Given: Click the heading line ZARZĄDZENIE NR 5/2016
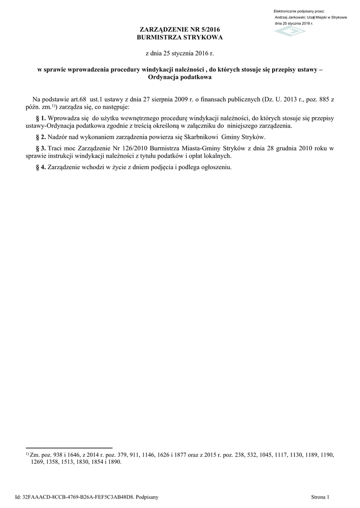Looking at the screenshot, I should (180, 31).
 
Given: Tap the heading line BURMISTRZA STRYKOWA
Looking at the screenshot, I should (180, 38).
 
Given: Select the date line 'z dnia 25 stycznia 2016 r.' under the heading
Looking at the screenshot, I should (180, 53).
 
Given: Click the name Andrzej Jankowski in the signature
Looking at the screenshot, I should (290, 17).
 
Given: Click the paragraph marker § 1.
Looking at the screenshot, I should (41, 119).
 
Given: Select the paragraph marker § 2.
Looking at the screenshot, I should (41, 137).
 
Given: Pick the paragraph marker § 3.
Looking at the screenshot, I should (41, 148).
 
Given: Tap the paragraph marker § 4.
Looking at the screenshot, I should (41, 167).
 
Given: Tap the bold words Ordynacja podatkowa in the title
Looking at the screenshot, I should (180, 78).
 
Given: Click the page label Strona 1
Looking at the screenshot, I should (320, 497).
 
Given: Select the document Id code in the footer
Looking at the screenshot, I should (77, 497).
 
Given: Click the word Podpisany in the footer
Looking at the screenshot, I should (146, 497).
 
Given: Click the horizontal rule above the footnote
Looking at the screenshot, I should (69, 448).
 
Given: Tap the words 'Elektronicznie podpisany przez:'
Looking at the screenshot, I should (299, 11).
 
